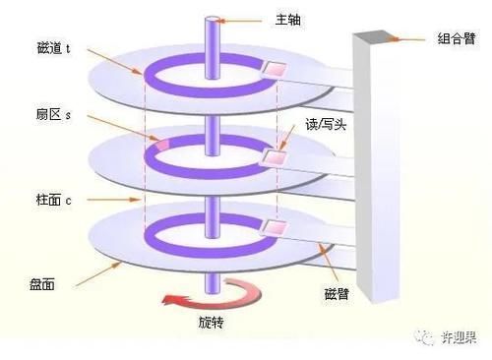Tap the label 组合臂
[456, 40]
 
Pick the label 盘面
[42, 283]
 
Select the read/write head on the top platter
[272, 70]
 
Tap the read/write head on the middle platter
[273, 155]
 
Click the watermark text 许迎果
[457, 336]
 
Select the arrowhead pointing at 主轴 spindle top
[224, 17]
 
